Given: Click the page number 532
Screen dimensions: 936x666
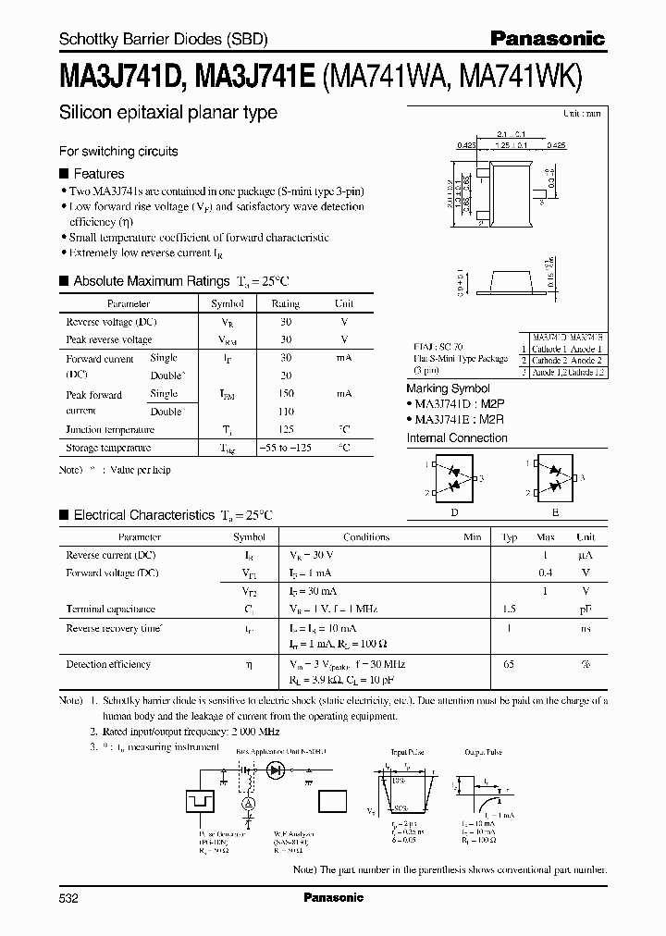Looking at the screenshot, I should coord(69,897).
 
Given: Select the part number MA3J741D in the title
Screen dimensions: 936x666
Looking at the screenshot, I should coord(123,80).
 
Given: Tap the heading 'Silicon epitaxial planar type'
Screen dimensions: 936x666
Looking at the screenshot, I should coord(167,114).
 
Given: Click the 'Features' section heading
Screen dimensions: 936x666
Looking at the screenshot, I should coord(98,173).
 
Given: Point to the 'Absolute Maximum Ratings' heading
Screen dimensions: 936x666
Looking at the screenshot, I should coord(151,280).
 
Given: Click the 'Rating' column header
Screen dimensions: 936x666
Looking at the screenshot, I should coord(285,303).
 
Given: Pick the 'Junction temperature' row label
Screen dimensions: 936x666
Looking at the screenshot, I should coord(110,429).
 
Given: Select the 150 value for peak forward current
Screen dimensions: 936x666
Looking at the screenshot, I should coord(285,394).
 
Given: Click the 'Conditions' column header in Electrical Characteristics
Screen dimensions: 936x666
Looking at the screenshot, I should coord(366,536).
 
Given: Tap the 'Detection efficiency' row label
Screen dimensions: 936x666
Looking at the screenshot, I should coord(107,664).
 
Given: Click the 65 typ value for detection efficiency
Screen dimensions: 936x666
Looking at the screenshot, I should coord(509,664).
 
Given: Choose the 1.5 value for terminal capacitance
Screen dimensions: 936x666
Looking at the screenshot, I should coord(509,610).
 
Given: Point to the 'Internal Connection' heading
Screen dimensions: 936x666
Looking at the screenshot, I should coord(457,437).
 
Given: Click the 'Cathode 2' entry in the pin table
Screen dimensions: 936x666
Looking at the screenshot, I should coord(553,360).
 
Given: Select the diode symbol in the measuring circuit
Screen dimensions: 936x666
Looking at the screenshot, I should coord(275,769).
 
